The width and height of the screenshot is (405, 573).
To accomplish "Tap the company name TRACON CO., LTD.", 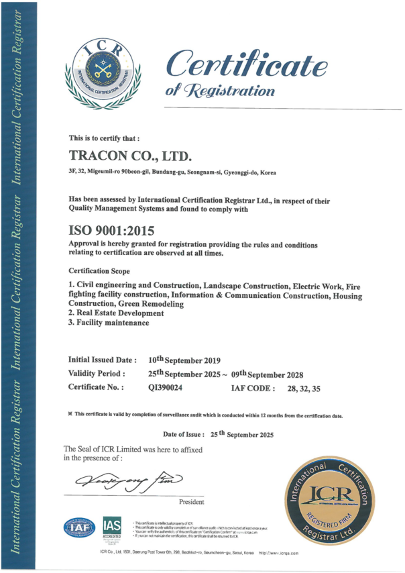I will click(x=131, y=156).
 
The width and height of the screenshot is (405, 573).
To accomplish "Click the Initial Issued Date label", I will click(x=103, y=360).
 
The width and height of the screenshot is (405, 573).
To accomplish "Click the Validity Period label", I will click(x=97, y=373).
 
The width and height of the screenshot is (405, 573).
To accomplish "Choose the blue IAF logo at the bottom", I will click(x=79, y=527).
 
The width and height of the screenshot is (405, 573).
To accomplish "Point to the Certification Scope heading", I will click(x=99, y=270).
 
